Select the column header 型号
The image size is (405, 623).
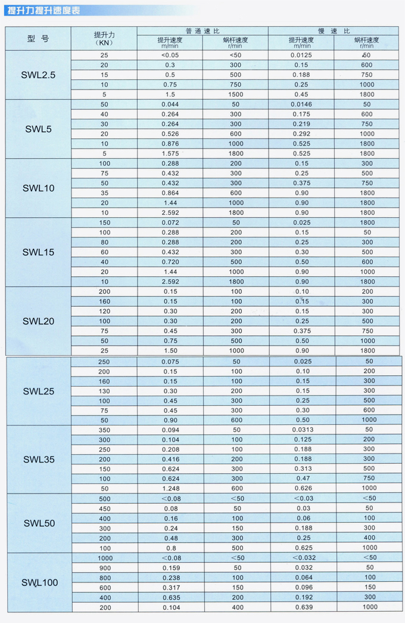tap(39, 39)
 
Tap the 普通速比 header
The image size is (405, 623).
tap(202, 30)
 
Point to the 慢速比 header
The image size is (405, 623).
tap(334, 30)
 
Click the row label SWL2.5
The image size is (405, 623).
tap(39, 75)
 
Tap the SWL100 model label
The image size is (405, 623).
tap(40, 582)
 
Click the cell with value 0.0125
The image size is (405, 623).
tap(301, 55)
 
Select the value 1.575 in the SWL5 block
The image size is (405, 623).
tap(170, 153)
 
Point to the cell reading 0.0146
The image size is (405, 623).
tap(301, 104)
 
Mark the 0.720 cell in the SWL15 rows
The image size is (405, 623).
tap(170, 262)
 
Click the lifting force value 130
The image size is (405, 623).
tap(105, 391)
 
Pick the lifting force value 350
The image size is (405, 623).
tap(105, 430)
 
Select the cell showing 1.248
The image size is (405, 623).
tap(170, 488)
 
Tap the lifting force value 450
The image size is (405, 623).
tap(105, 508)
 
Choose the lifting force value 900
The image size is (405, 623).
tap(105, 568)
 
